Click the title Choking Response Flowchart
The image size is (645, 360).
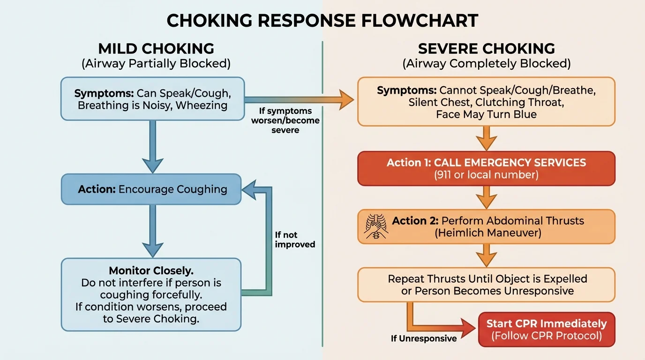pyautogui.click(x=322, y=21)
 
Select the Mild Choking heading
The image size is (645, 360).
pyautogui.click(x=156, y=49)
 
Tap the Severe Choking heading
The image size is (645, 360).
pyautogui.click(x=486, y=49)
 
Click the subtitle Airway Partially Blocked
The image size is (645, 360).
pyautogui.click(x=156, y=63)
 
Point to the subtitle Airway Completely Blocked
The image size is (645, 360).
pyautogui.click(x=486, y=63)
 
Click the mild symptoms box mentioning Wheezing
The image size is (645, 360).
pyautogui.click(x=153, y=99)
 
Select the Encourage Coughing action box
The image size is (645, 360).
pyautogui.click(x=151, y=189)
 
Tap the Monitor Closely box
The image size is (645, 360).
pyautogui.click(x=151, y=294)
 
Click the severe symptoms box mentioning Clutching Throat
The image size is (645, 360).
pyautogui.click(x=486, y=102)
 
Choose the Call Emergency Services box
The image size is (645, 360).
pyautogui.click(x=486, y=168)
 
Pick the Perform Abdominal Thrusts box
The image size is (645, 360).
pyautogui.click(x=486, y=226)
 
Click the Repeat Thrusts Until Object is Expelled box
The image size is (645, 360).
pyautogui.click(x=486, y=285)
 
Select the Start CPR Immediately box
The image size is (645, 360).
pyautogui.click(x=546, y=330)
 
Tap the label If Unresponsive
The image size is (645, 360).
pyautogui.click(x=424, y=338)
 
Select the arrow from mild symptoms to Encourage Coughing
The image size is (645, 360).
pyautogui.click(x=153, y=146)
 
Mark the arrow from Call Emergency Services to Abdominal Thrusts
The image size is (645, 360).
pyautogui.click(x=486, y=197)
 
